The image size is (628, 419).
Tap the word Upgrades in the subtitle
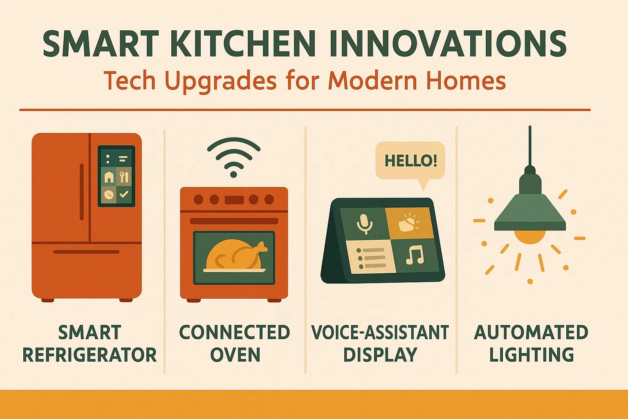[221, 81]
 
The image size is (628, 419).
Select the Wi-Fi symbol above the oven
[233, 157]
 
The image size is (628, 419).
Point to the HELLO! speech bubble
[410, 161]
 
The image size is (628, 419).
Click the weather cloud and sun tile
[408, 222]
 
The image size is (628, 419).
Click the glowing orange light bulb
[530, 237]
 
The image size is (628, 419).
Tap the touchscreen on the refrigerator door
[117, 176]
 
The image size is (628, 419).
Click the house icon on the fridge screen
[109, 177]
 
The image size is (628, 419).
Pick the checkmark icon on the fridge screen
[124, 194]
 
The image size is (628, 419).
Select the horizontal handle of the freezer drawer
[86, 252]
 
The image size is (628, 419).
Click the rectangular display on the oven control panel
[234, 200]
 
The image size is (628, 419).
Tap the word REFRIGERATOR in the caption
[90, 355]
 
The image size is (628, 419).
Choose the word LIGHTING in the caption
[532, 355]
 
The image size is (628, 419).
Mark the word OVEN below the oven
[235, 355]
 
